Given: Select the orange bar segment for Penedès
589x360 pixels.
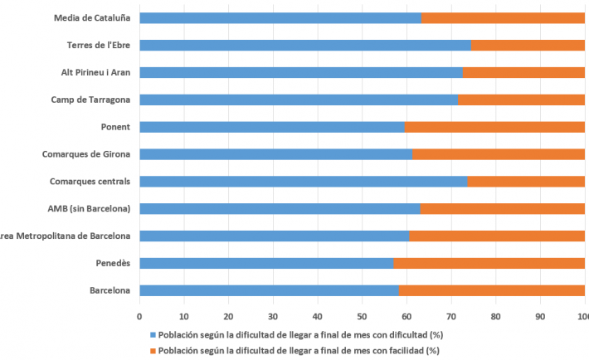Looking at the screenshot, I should coord(489,263).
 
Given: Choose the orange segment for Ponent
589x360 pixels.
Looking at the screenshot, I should coord(494,127).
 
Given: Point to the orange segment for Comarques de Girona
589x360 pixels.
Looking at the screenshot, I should coord(499,154).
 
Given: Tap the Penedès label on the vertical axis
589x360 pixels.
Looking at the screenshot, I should coord(111,263).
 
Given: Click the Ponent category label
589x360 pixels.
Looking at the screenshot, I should coord(114,127).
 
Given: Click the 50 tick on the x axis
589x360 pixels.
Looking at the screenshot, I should coord(362,316).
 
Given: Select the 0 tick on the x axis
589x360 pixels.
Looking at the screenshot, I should coord(139,316).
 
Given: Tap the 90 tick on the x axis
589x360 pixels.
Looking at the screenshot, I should coord(540,316).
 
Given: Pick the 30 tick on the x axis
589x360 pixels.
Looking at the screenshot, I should coord(273,316).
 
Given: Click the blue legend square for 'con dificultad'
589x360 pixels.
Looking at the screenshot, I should coord(152,336).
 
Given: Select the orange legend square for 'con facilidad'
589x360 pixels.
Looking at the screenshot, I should coord(152,350).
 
